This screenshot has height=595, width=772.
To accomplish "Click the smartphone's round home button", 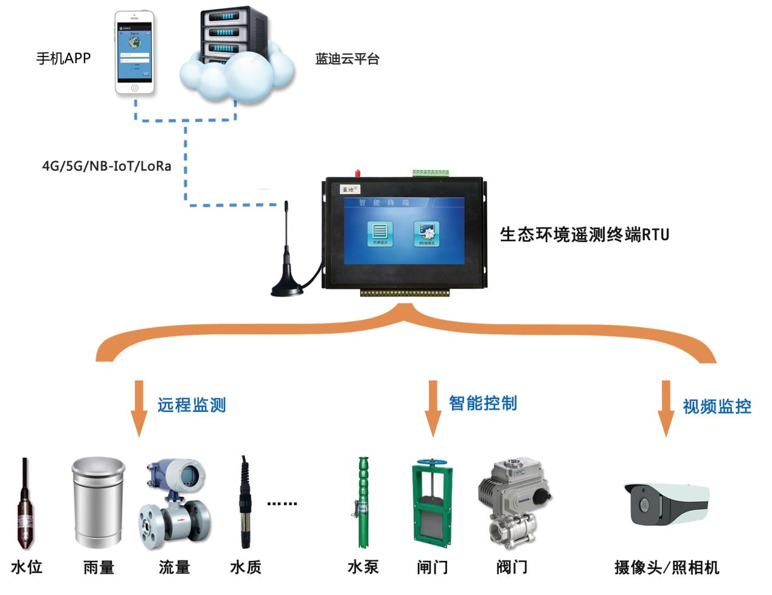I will coord(134,88).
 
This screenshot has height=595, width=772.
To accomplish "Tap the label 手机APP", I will coord(63,58).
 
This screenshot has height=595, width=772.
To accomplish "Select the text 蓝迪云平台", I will coord(347,59).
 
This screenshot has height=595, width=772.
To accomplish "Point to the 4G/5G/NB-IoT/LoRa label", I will coord(106,166).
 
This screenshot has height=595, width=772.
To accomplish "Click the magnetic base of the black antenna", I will coord(287,288).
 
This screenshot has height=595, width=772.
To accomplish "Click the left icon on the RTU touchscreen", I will coord(380,233).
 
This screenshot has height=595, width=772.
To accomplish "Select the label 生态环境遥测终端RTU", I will coord(584,235).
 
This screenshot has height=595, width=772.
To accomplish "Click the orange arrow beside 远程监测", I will coord(139,408).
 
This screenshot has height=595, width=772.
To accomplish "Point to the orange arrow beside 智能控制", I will coord(433,408).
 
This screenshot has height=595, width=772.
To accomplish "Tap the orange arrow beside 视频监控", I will coord(666,408).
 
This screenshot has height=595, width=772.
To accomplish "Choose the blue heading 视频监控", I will coord(717,407).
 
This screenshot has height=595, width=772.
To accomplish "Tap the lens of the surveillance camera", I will coord(644,504).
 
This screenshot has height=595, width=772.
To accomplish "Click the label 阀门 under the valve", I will coord(511,568).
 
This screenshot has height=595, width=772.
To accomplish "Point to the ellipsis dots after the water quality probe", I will coord(282,503).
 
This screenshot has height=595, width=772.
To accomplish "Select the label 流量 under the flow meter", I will coord(174,568).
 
